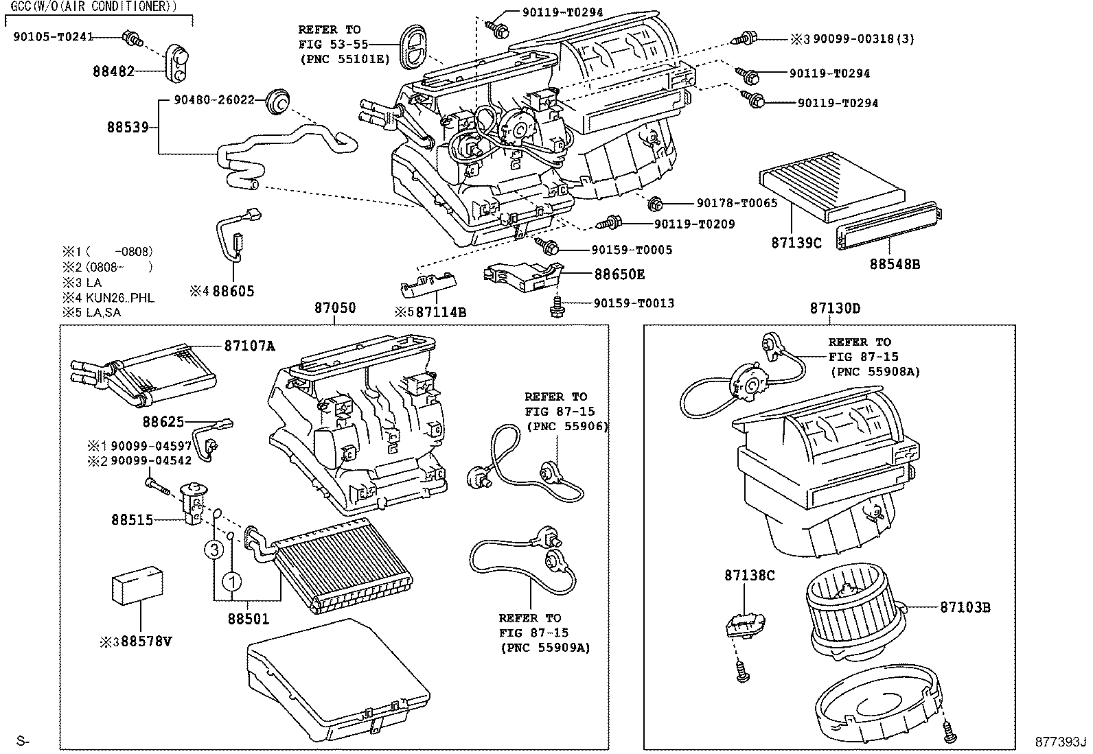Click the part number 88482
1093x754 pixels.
coord(114,71)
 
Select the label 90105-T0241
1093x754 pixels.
coord(53,37)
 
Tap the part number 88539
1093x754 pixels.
coord(128,127)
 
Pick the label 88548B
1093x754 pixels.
coord(895,263)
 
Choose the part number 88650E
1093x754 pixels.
coord(619,274)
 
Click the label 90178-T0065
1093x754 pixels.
coord(737,203)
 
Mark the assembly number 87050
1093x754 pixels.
coord(335,308)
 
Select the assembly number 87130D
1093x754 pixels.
coord(834,308)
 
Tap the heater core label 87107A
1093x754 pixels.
coord(249,346)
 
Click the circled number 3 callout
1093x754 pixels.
coord(214,550)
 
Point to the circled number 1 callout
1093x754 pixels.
coord(232,582)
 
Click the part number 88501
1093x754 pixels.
coord(249,619)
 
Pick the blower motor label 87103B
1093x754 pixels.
coord(965,607)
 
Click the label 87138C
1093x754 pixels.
coord(749,575)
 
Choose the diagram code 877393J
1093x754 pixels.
coord(1061,741)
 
